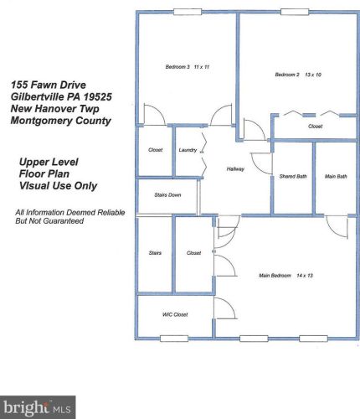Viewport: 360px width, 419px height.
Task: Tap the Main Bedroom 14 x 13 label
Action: pos(291,274)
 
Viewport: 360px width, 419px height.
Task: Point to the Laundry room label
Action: pos(188,150)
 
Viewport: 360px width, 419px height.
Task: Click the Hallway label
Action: pos(235,169)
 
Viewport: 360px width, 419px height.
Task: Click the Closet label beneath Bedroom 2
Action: pos(315,127)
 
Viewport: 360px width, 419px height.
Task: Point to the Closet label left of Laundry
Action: pos(155,150)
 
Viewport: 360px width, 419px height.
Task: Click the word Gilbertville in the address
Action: pos(40,96)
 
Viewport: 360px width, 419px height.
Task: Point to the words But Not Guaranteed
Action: pos(49,220)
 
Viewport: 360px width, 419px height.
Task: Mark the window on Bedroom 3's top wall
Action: pos(186,12)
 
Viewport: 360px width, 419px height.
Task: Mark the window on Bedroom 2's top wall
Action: pos(293,12)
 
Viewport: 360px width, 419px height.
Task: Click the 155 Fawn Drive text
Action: pos(51,85)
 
